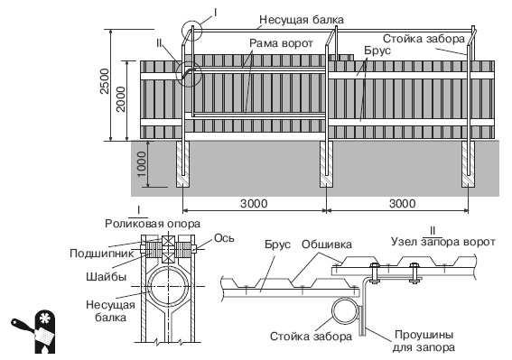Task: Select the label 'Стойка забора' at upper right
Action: (424, 40)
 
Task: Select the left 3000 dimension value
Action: (254, 205)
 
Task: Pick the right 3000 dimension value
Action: (398, 205)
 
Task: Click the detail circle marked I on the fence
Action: (191, 32)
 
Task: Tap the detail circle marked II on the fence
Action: (188, 75)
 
